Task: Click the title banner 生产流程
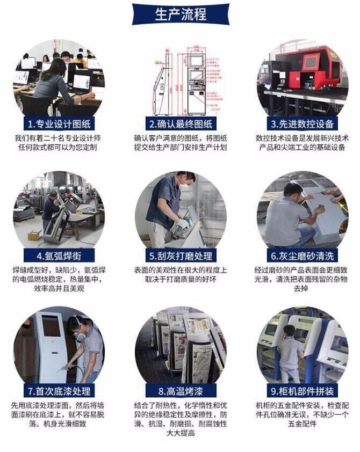coord(181,14)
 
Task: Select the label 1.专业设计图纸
coord(59,123)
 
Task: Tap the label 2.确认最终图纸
coord(181,123)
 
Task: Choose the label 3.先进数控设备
coord(303,123)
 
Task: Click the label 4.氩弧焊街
coord(59,256)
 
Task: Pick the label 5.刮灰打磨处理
coord(181,256)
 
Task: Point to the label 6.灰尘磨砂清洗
coord(303,256)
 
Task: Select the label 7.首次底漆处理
coord(59,391)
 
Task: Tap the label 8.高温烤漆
coord(181,391)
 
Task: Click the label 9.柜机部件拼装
coord(303,391)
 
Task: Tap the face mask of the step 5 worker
coord(183,185)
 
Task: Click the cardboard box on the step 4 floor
coord(34,235)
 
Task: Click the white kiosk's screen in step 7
coord(51,326)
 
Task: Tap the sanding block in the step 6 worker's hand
coord(320,207)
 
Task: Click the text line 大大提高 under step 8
coord(181,433)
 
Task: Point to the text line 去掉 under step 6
coord(301,288)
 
